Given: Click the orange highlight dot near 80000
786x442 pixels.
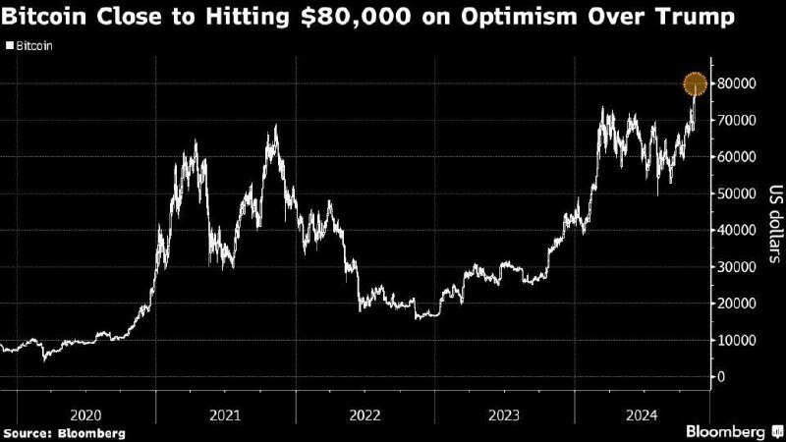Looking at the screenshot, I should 696,84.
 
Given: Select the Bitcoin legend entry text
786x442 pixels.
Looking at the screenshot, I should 32,45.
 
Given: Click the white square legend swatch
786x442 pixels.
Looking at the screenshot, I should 9,45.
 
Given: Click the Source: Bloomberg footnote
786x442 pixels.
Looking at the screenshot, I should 65,432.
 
